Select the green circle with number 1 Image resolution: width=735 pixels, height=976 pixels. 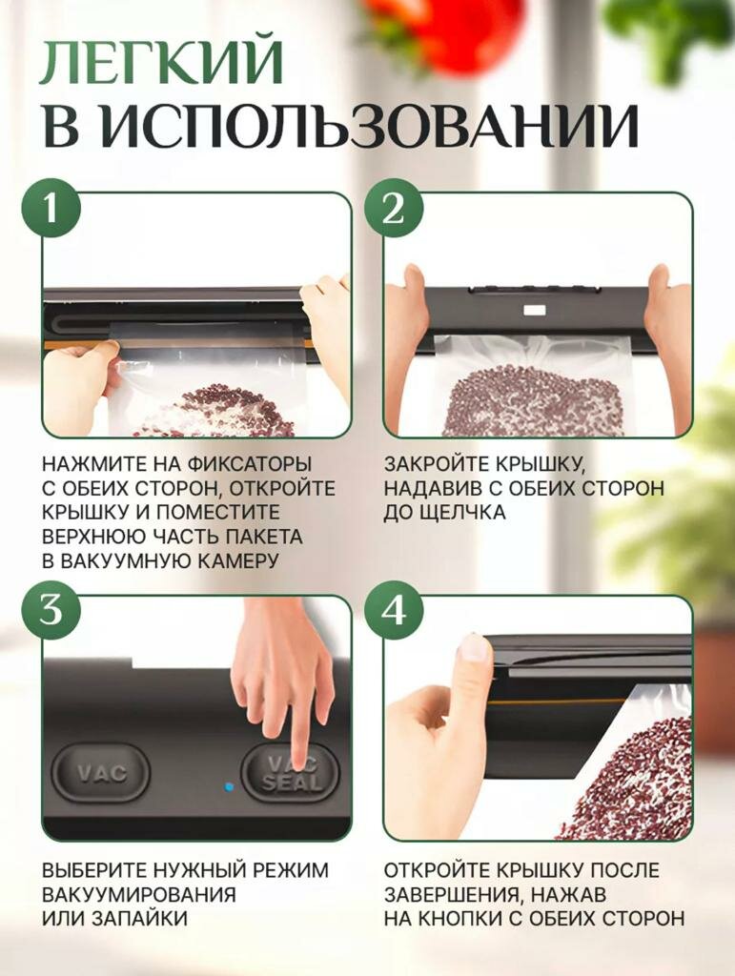51,208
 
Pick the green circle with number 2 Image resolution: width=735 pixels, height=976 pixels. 394,208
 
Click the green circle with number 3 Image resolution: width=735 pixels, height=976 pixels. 51,611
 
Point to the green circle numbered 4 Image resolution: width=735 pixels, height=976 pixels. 394,611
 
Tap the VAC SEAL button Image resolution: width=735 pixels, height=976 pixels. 291,773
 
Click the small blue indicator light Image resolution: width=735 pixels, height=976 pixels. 229,786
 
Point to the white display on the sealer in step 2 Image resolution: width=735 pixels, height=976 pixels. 535,310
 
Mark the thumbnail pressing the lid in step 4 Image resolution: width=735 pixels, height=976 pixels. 473,647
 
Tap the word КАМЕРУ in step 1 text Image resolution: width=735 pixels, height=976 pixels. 237,561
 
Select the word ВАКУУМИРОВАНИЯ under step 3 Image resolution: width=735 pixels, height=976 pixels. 139,894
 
